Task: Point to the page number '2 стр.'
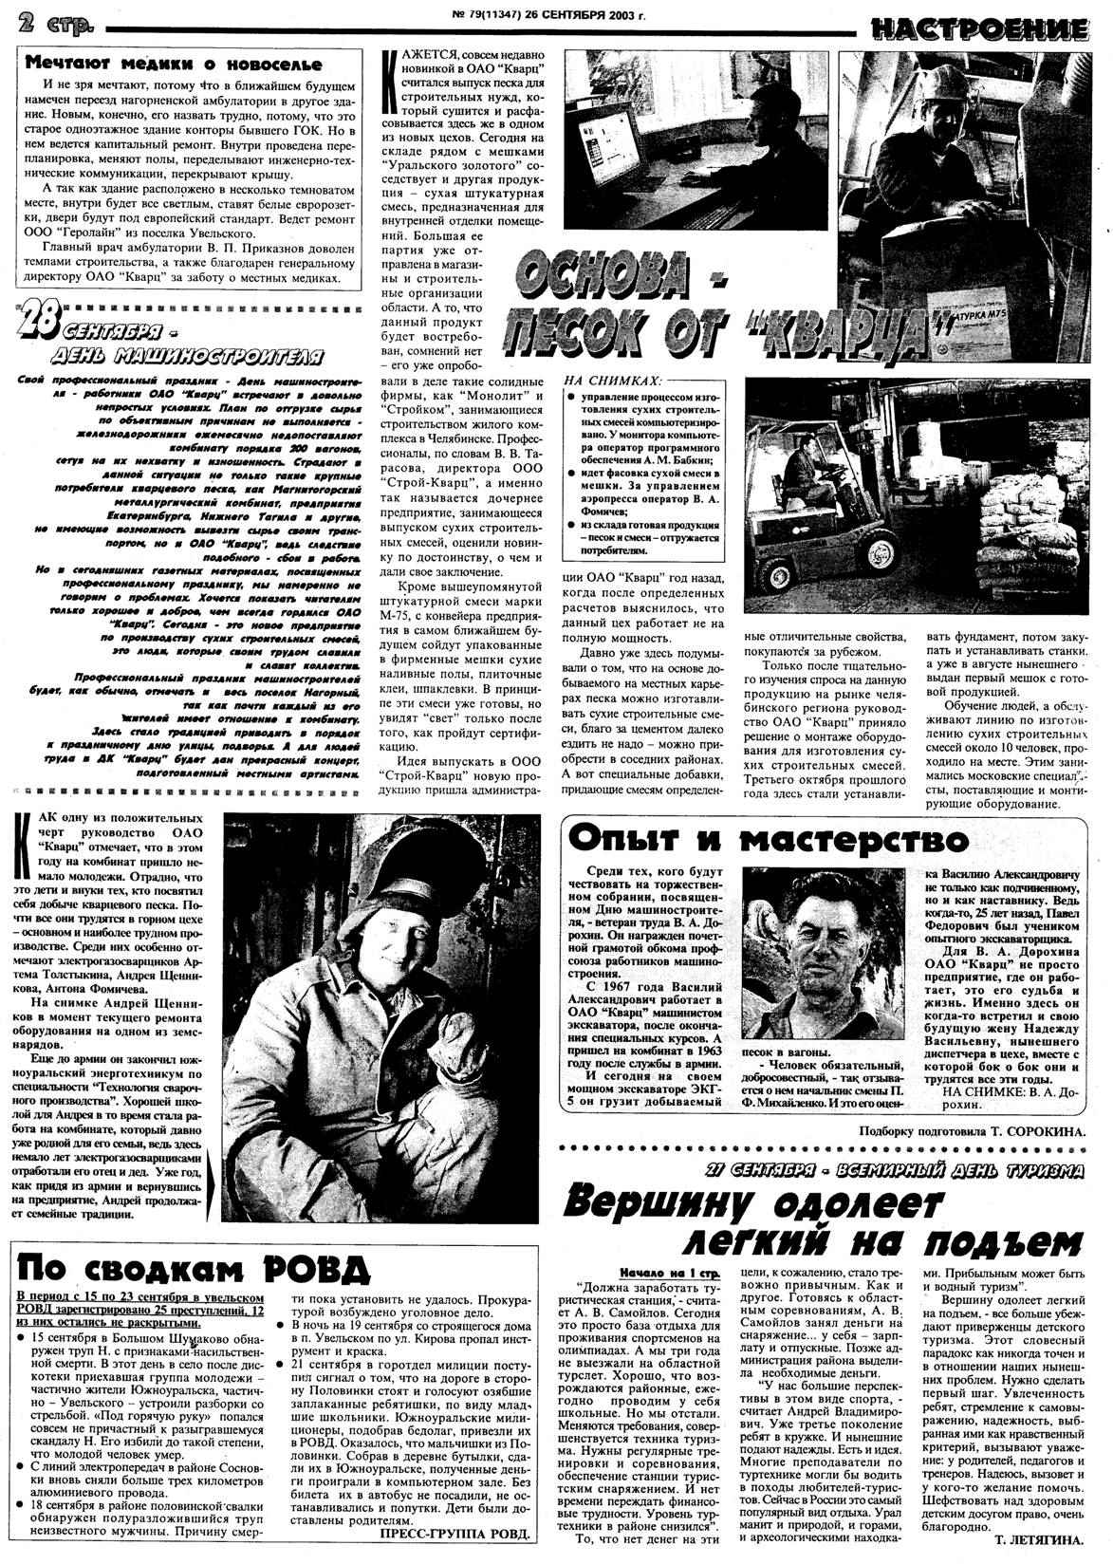[51, 26]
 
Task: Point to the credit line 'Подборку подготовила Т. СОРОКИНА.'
[970, 1130]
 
